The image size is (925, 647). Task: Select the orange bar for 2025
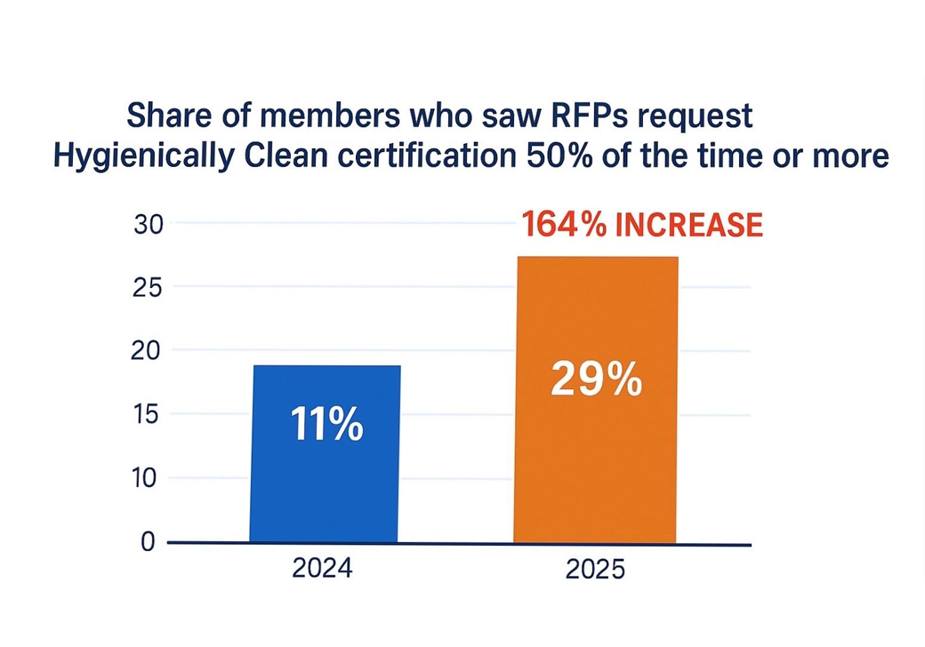pos(595,462)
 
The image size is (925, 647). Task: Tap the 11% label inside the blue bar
pos(326,425)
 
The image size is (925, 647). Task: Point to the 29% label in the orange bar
pos(596,379)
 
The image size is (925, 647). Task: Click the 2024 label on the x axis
pos(321,568)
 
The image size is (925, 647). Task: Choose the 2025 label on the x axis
pos(595,569)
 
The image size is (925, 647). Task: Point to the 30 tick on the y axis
pos(149,224)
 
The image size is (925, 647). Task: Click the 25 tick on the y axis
pos(149,287)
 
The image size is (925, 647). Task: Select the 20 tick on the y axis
pos(149,351)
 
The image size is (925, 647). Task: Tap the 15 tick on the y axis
pos(149,414)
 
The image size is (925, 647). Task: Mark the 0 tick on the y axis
pos(149,541)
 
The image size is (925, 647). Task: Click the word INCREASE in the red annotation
pos(689,225)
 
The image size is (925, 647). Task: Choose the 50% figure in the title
pos(555,156)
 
